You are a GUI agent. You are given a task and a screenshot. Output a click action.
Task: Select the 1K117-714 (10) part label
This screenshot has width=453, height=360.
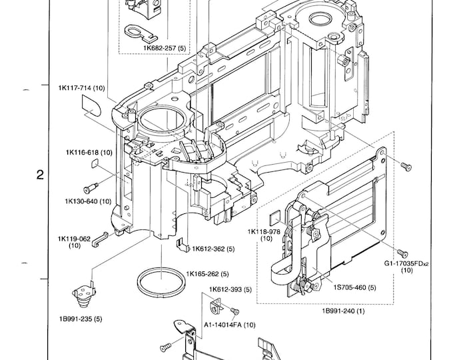coord(81,88)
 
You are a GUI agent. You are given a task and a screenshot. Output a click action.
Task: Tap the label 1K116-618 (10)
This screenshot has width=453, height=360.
coord(88,152)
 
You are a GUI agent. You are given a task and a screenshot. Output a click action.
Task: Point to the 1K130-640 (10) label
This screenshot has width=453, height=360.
coord(87,201)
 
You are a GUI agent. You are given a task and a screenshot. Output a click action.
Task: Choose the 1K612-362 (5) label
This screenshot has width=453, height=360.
coord(213,249)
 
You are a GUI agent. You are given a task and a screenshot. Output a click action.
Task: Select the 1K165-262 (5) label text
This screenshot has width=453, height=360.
coord(207,273)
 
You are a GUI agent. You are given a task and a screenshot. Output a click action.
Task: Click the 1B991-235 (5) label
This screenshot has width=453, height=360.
coord(79,319)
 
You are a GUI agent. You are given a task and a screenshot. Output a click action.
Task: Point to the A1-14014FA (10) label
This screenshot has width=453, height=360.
coord(229,324)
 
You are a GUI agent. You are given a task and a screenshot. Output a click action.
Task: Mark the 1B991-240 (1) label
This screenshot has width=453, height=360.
coord(343,311)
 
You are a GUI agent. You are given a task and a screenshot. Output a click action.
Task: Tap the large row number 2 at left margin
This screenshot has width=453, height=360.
coord(40,176)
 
